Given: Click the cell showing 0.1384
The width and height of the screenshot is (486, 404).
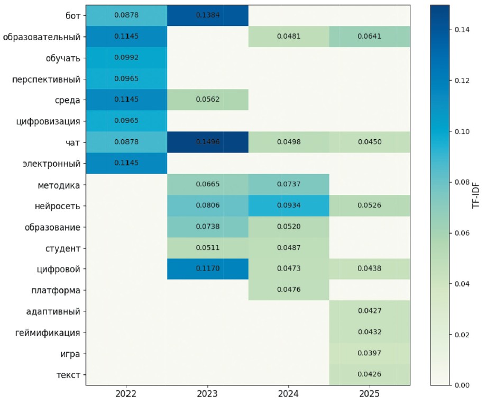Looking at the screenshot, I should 207,15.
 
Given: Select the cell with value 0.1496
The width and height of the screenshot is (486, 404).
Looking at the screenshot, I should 207,142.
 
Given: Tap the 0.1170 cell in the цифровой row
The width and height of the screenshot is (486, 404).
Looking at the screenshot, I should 207,268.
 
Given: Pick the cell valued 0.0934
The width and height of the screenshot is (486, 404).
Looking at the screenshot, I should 288,205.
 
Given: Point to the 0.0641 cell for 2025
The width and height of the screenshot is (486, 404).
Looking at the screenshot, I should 369,37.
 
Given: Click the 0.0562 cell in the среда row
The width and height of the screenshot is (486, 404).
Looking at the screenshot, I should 207,100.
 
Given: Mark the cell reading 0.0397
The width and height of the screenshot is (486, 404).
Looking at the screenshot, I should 369,353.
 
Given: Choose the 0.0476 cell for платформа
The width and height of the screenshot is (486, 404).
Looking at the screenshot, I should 288,290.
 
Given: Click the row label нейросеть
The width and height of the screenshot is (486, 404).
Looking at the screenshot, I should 57,205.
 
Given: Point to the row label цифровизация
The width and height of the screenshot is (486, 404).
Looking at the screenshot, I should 49,121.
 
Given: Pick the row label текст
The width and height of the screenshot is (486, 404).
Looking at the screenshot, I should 68,375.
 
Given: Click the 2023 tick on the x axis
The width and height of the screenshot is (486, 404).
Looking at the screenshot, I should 207,394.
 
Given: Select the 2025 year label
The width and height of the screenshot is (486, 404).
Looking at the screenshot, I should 369,394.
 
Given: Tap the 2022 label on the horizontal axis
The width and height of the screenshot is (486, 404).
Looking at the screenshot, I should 126,394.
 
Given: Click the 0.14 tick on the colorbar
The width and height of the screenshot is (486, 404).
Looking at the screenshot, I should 462,30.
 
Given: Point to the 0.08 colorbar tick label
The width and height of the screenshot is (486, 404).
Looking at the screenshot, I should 462,183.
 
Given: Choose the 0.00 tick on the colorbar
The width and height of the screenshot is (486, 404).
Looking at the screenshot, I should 462,385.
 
